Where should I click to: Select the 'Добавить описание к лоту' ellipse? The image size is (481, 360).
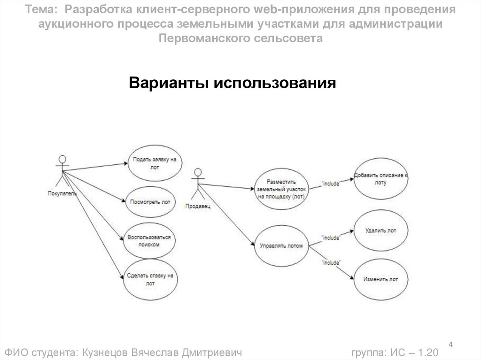pyautogui.click(x=381, y=179)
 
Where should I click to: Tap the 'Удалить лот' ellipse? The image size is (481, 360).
pyautogui.click(x=381, y=231)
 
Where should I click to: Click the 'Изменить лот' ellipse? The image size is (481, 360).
pyautogui.click(x=381, y=279)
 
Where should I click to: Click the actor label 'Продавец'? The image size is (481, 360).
pyautogui.click(x=198, y=206)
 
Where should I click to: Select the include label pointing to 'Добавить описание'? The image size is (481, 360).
pyautogui.click(x=330, y=184)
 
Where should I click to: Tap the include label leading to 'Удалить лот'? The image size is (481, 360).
pyautogui.click(x=330, y=238)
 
